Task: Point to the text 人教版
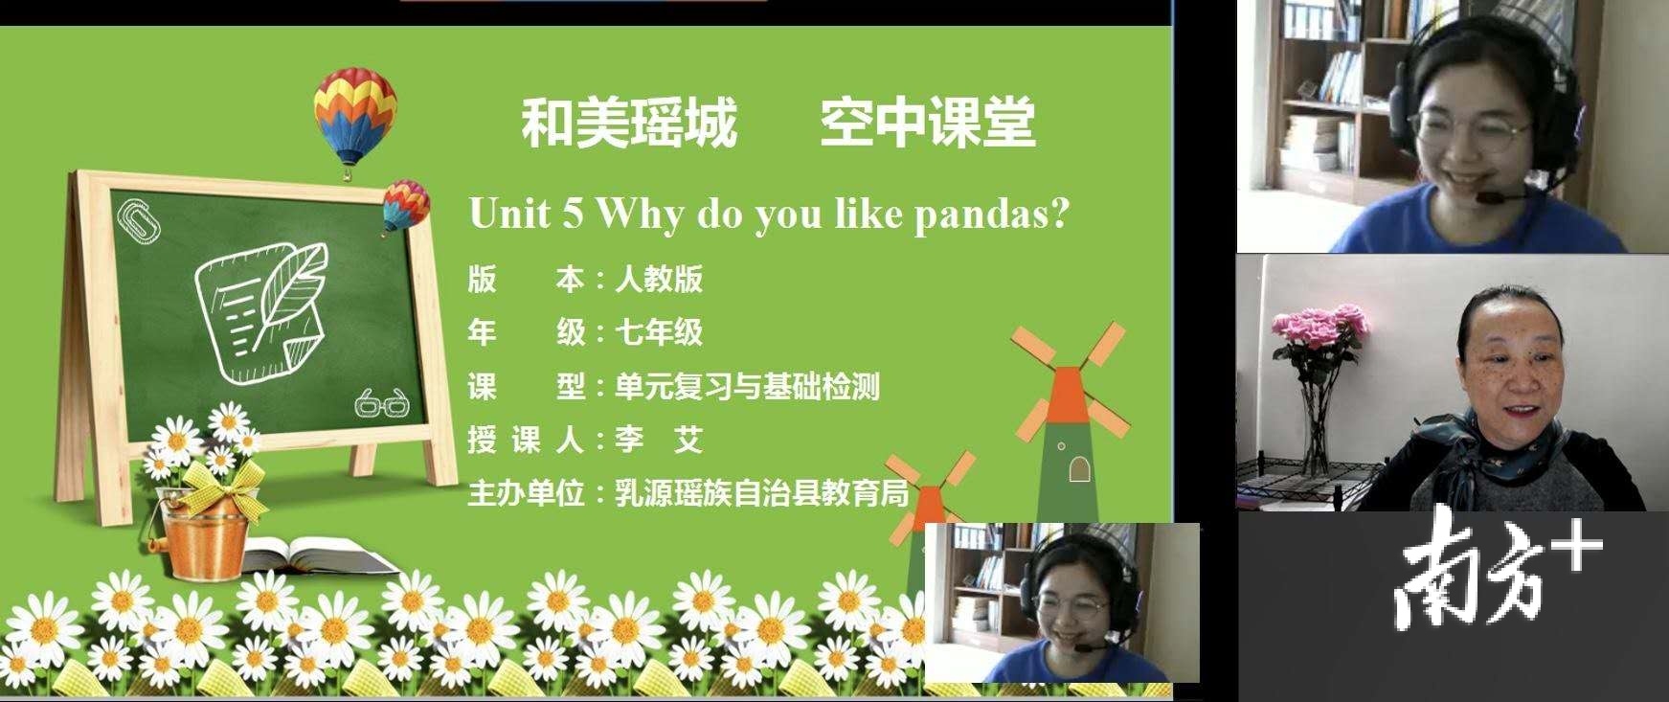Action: tap(659, 279)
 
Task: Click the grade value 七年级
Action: tap(659, 332)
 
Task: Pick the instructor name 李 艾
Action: tap(659, 440)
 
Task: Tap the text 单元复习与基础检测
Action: tap(747, 387)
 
